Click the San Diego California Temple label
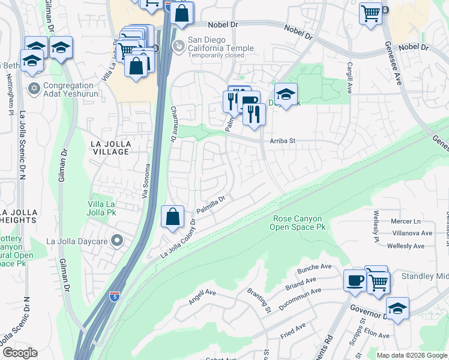click(x=221, y=45)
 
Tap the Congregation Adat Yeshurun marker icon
click(x=34, y=88)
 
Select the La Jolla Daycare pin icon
click(x=117, y=242)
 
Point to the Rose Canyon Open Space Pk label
click(x=299, y=223)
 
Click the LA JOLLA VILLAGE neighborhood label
click(x=110, y=148)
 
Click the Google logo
click(x=20, y=353)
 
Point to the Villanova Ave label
click(x=411, y=233)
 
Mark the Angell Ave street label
click(x=202, y=296)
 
